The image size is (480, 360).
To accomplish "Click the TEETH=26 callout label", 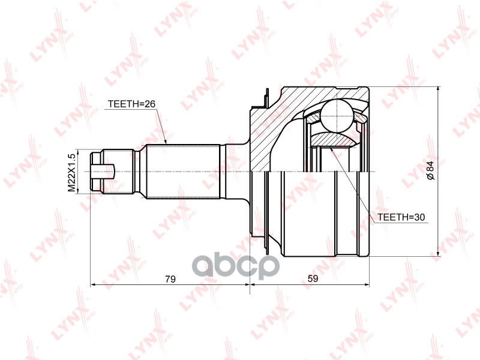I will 131,104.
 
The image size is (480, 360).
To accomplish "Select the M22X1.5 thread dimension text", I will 71,172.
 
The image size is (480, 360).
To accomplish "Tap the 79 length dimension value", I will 170,278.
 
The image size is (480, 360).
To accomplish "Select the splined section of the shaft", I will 183,172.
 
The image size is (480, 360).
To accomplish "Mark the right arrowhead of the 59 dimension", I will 368,284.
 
